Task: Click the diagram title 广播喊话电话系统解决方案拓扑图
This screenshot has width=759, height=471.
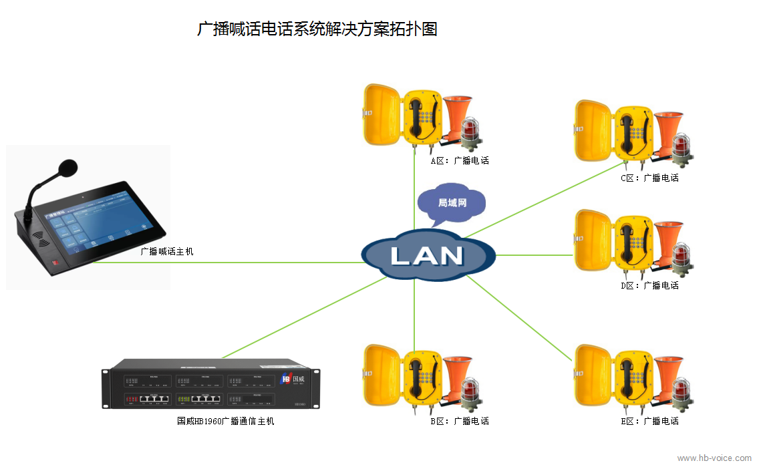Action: [317, 29]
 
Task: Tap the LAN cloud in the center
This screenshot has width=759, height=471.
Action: [428, 255]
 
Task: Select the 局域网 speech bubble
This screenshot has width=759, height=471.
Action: [452, 202]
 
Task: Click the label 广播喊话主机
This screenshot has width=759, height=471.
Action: [166, 252]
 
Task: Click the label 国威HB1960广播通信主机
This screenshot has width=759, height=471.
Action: [225, 421]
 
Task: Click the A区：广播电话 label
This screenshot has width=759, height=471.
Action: [460, 160]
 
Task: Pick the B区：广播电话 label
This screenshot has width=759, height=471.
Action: [460, 421]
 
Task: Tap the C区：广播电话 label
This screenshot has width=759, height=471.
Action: [649, 178]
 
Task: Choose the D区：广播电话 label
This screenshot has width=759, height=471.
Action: [649, 285]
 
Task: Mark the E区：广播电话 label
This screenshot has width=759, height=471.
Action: [649, 421]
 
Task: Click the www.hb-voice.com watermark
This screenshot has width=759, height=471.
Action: [714, 458]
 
